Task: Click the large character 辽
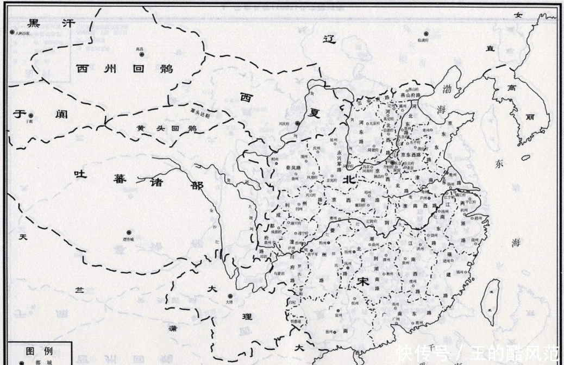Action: click(x=328, y=39)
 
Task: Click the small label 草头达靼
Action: click(x=200, y=111)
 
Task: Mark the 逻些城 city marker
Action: click(x=129, y=232)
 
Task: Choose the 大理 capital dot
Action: click(x=230, y=296)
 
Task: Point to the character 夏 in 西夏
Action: click(x=315, y=115)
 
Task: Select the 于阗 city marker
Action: click(x=31, y=116)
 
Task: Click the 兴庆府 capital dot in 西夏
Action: click(x=297, y=123)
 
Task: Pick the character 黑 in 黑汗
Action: click(x=34, y=23)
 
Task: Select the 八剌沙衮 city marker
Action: click(x=12, y=33)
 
